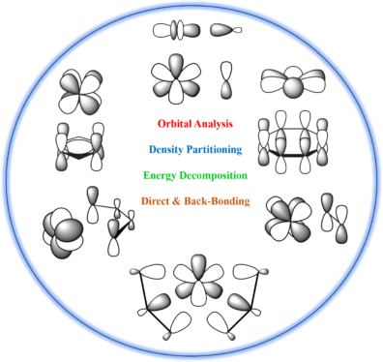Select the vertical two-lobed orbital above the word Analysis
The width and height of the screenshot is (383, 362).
[226, 82]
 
